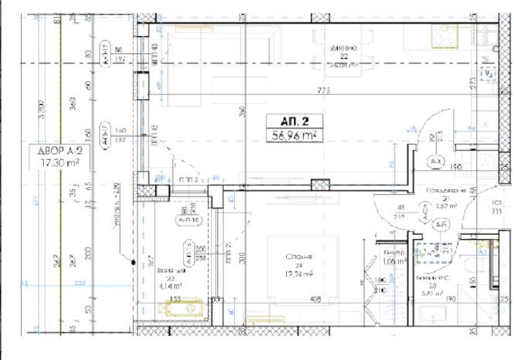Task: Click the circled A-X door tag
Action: [x=435, y=161]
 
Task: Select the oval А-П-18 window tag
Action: [x=186, y=219]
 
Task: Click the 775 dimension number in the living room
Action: [x=324, y=91]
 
